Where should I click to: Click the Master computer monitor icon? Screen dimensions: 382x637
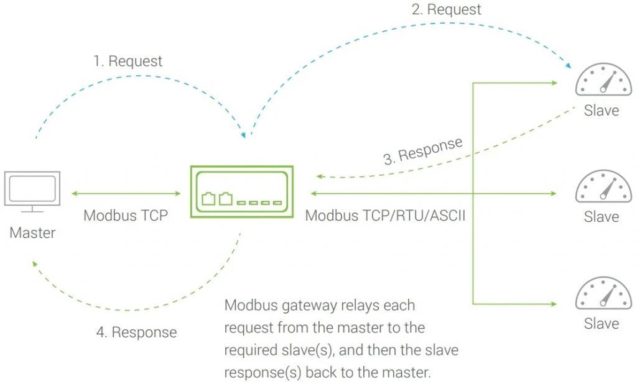pos(32,190)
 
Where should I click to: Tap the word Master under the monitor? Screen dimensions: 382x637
pos(32,234)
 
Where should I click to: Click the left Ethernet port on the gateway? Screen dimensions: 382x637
pos(208,199)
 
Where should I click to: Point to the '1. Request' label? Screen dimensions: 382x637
pos(128,61)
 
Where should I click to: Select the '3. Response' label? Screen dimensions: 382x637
pos(423,150)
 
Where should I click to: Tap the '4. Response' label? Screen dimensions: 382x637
pos(136,332)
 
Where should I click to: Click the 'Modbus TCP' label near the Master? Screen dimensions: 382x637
pos(126,216)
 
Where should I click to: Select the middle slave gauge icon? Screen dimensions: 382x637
pos(601,188)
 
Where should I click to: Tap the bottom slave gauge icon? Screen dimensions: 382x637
pos(601,293)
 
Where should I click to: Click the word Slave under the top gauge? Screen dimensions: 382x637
pos(601,111)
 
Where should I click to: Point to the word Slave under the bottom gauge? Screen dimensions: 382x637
pos(601,324)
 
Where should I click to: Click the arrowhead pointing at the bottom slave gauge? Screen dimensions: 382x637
pos(552,304)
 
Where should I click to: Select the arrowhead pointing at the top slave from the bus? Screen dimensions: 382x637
pos(552,82)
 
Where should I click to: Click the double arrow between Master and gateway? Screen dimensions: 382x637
pos(126,194)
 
